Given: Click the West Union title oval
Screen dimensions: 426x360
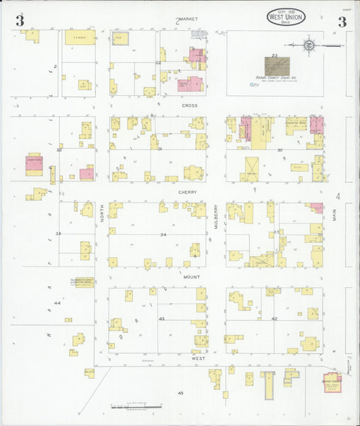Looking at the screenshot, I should [x=286, y=18].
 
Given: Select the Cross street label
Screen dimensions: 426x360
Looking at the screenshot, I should [x=188, y=105].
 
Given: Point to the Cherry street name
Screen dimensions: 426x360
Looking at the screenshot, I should [x=187, y=192].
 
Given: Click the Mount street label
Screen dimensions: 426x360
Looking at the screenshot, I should [x=190, y=277].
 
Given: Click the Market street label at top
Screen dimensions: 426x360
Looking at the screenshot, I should [x=186, y=19].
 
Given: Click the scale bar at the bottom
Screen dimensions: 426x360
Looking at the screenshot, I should [x=137, y=407].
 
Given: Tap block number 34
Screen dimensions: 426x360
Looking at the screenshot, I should [x=163, y=234].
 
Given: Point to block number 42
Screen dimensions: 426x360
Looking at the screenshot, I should [x=274, y=318].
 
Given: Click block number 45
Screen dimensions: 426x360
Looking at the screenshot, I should [x=180, y=392].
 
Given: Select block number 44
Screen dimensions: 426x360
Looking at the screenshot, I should [x=57, y=303].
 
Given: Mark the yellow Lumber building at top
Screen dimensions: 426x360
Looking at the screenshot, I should [x=80, y=37].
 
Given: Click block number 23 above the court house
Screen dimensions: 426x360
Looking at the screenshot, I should [x=274, y=55].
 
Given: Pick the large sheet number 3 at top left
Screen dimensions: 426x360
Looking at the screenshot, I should [x=20, y=22].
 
